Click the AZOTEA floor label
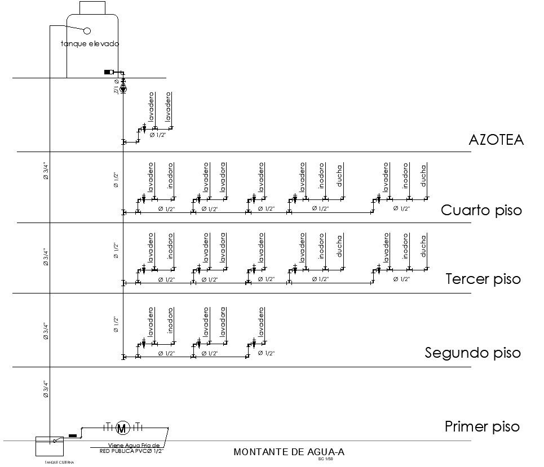(496, 140)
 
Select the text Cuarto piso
(481, 211)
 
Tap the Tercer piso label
(483, 279)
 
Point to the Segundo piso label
(472, 353)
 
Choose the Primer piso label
(481, 426)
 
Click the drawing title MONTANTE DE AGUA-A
(289, 452)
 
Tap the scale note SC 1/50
(326, 459)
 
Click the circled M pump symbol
(122, 428)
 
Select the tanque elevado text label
(90, 43)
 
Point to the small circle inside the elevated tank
(87, 30)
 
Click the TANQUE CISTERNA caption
(59, 462)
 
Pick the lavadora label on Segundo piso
(223, 322)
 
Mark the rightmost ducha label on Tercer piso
(423, 246)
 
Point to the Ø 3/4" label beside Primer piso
(46, 390)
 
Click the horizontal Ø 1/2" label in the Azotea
(158, 135)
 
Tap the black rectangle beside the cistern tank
(72, 435)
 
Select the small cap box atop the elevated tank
(92, 7)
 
